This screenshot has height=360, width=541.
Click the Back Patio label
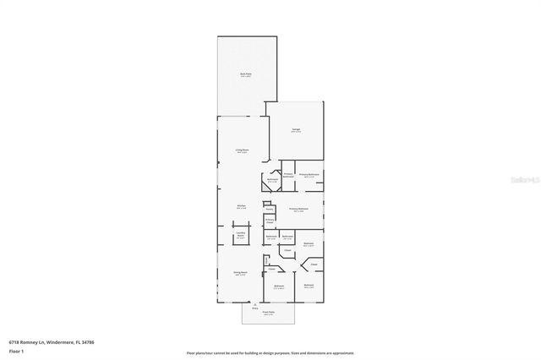(245, 74)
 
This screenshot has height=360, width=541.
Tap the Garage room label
(296, 129)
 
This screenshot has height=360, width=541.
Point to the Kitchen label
(241, 206)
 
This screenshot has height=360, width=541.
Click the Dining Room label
(241, 272)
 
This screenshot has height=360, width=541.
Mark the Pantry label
(269, 209)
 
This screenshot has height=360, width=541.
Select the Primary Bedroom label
(298, 208)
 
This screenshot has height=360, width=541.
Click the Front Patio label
(268, 312)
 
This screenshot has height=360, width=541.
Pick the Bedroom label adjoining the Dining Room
(279, 286)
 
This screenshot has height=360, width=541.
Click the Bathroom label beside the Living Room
(272, 180)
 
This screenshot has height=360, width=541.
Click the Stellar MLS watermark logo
(521, 178)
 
